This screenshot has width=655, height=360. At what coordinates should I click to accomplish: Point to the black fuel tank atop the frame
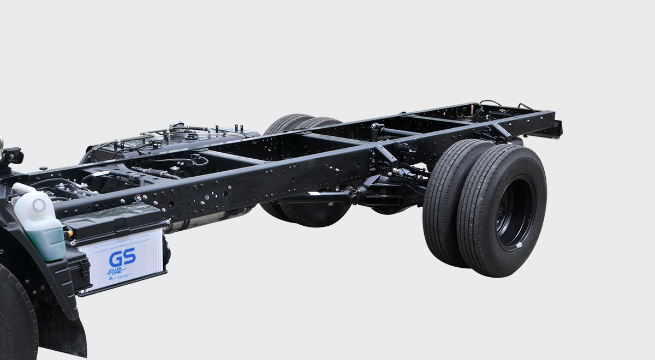pyautogui.click(x=164, y=145)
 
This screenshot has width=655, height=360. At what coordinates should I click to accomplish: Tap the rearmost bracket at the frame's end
pyautogui.click(x=556, y=130)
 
